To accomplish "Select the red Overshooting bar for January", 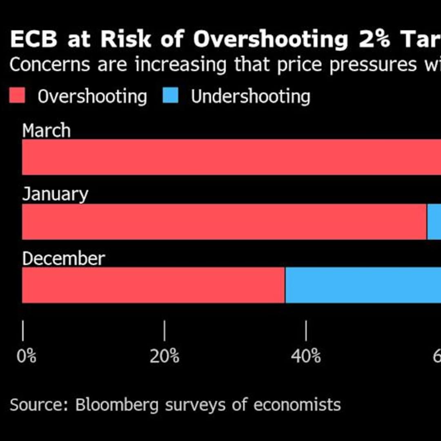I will pos(224,222).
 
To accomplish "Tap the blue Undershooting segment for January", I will pos(434,222).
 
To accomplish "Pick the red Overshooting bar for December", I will pos(153,285).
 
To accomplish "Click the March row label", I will pos(46,131).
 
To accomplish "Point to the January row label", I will pos(55,194).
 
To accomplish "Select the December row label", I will pos(63,259).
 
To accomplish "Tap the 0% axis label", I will pos(27,356).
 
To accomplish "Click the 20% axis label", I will pos(164,356).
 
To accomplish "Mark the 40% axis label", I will pos(306,356).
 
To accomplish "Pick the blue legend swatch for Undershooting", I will pos(170,97).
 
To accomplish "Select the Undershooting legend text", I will pos(250,97).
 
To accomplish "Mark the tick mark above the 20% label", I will pos(165,331).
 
